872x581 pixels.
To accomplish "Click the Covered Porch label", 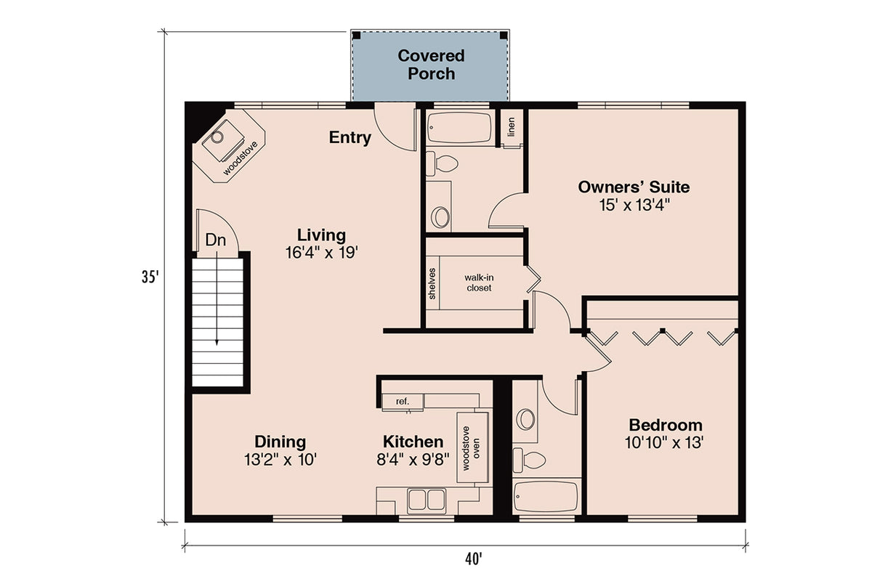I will [431, 65].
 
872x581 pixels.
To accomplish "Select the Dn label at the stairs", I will [214, 240].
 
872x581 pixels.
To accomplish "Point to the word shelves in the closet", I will [432, 284].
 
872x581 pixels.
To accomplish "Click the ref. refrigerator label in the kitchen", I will [403, 401].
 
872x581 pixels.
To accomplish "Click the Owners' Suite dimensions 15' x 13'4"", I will [633, 205].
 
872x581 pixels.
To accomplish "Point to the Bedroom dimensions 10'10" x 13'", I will [665, 442].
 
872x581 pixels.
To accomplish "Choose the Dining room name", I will [280, 442].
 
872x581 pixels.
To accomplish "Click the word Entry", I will [350, 138].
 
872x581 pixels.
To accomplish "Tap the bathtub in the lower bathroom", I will [546, 499].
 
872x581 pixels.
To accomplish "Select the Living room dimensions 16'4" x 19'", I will [322, 253].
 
